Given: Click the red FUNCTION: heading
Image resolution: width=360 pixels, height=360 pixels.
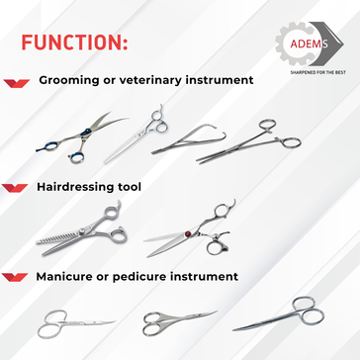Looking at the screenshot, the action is point(74,42).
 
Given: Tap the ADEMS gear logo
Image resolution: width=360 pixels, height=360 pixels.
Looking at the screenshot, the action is point(310,44).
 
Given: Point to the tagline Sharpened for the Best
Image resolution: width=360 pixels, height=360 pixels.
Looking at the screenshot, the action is point(317,72).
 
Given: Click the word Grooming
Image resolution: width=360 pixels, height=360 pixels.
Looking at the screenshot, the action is point(69,80).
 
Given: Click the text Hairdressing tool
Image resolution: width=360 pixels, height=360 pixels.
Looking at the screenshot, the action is point(89,187).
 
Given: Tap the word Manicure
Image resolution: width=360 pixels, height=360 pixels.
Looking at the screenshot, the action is point(63,276).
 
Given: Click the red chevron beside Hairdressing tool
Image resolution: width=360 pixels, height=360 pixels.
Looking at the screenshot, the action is point(15,188).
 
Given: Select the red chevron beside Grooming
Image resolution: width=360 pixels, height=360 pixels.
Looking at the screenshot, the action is point(17,83).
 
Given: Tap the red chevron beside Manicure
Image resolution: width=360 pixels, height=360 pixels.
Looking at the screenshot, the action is point(15,277).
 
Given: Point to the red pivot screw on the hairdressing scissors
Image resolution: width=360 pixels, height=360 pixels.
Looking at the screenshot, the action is point(188,233).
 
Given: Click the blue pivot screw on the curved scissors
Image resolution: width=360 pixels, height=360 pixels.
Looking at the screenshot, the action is point(88,132).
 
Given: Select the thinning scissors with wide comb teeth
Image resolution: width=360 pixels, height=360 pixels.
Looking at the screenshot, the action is point(82,229).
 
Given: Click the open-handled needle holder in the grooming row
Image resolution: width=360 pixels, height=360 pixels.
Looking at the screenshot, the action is point(189,140).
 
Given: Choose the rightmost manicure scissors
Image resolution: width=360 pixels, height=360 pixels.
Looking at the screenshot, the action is point(279,315).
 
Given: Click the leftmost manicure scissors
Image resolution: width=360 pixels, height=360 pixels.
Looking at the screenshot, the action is point(76,323).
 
